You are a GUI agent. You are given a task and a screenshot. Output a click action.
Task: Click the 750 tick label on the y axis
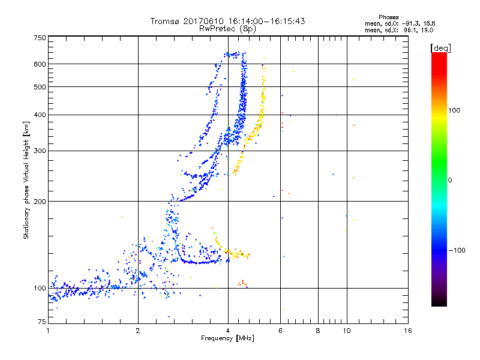pos(40,37)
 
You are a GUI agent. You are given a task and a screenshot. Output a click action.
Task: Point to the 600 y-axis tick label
pos(40,64)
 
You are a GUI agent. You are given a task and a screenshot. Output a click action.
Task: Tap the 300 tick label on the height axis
pos(40,151)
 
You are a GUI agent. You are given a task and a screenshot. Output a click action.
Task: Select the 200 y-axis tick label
pos(40,201)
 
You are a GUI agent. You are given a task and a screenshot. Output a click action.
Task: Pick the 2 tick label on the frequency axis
pos(138,331)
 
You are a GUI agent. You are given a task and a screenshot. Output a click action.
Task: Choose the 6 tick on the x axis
pos(281,331)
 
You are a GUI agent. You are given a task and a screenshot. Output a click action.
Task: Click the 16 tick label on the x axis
pos(407,331)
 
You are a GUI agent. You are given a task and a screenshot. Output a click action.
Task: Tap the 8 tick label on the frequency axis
pos(318,331)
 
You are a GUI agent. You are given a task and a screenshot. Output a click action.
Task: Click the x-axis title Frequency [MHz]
pos(228,339)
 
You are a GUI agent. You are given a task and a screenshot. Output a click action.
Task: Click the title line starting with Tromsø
pos(228,21)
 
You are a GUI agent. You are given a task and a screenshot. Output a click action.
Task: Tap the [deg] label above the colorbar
pos(440,47)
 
